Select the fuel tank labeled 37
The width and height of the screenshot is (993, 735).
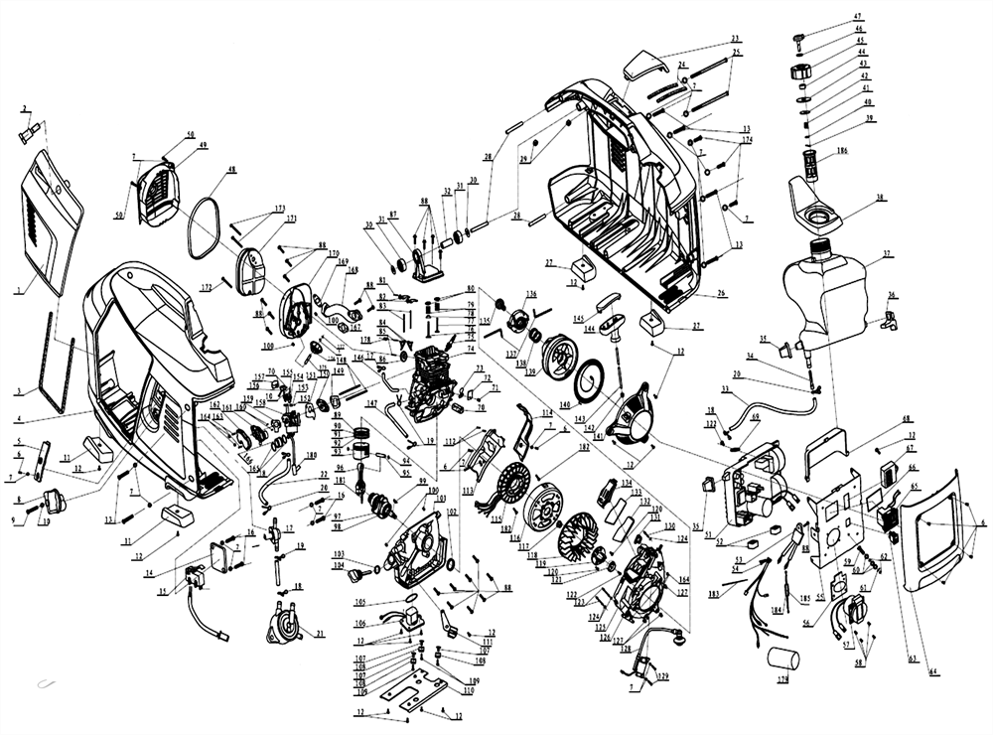click(x=827, y=293)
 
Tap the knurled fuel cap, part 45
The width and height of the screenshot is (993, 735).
click(x=801, y=72)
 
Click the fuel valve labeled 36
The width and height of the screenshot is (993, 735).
click(x=889, y=320)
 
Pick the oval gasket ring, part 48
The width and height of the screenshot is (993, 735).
click(x=208, y=227)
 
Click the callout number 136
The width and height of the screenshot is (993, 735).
click(x=531, y=294)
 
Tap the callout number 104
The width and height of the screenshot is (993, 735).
click(x=339, y=564)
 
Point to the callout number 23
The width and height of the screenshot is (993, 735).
click(x=736, y=39)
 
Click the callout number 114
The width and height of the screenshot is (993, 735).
click(x=546, y=412)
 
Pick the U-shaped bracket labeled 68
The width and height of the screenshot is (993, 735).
click(x=825, y=442)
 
